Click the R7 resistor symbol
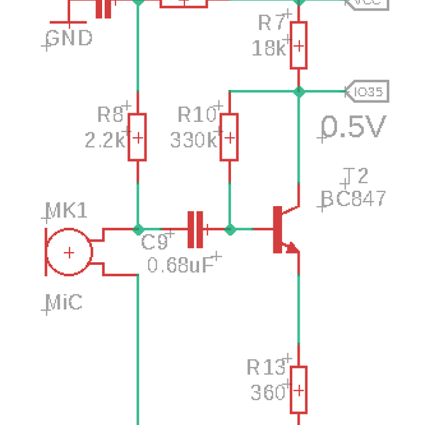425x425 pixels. [x=298, y=46]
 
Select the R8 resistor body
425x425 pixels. [x=137, y=137]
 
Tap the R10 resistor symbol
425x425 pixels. [x=229, y=137]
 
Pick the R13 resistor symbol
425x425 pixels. [x=298, y=390]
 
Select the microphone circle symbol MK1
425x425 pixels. [x=69, y=252]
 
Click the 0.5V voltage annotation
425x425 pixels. [x=354, y=127]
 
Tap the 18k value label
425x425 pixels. [x=269, y=48]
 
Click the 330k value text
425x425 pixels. [x=193, y=140]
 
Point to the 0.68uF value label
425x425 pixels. [x=181, y=266]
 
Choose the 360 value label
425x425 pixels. [x=268, y=392]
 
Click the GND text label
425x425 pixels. [x=69, y=38]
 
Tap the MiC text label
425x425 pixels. [x=64, y=303]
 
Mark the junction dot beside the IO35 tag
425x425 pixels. [x=298, y=91]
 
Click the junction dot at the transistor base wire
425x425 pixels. [x=229, y=229]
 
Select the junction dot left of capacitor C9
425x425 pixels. [x=137, y=229]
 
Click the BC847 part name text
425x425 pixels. [x=354, y=198]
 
